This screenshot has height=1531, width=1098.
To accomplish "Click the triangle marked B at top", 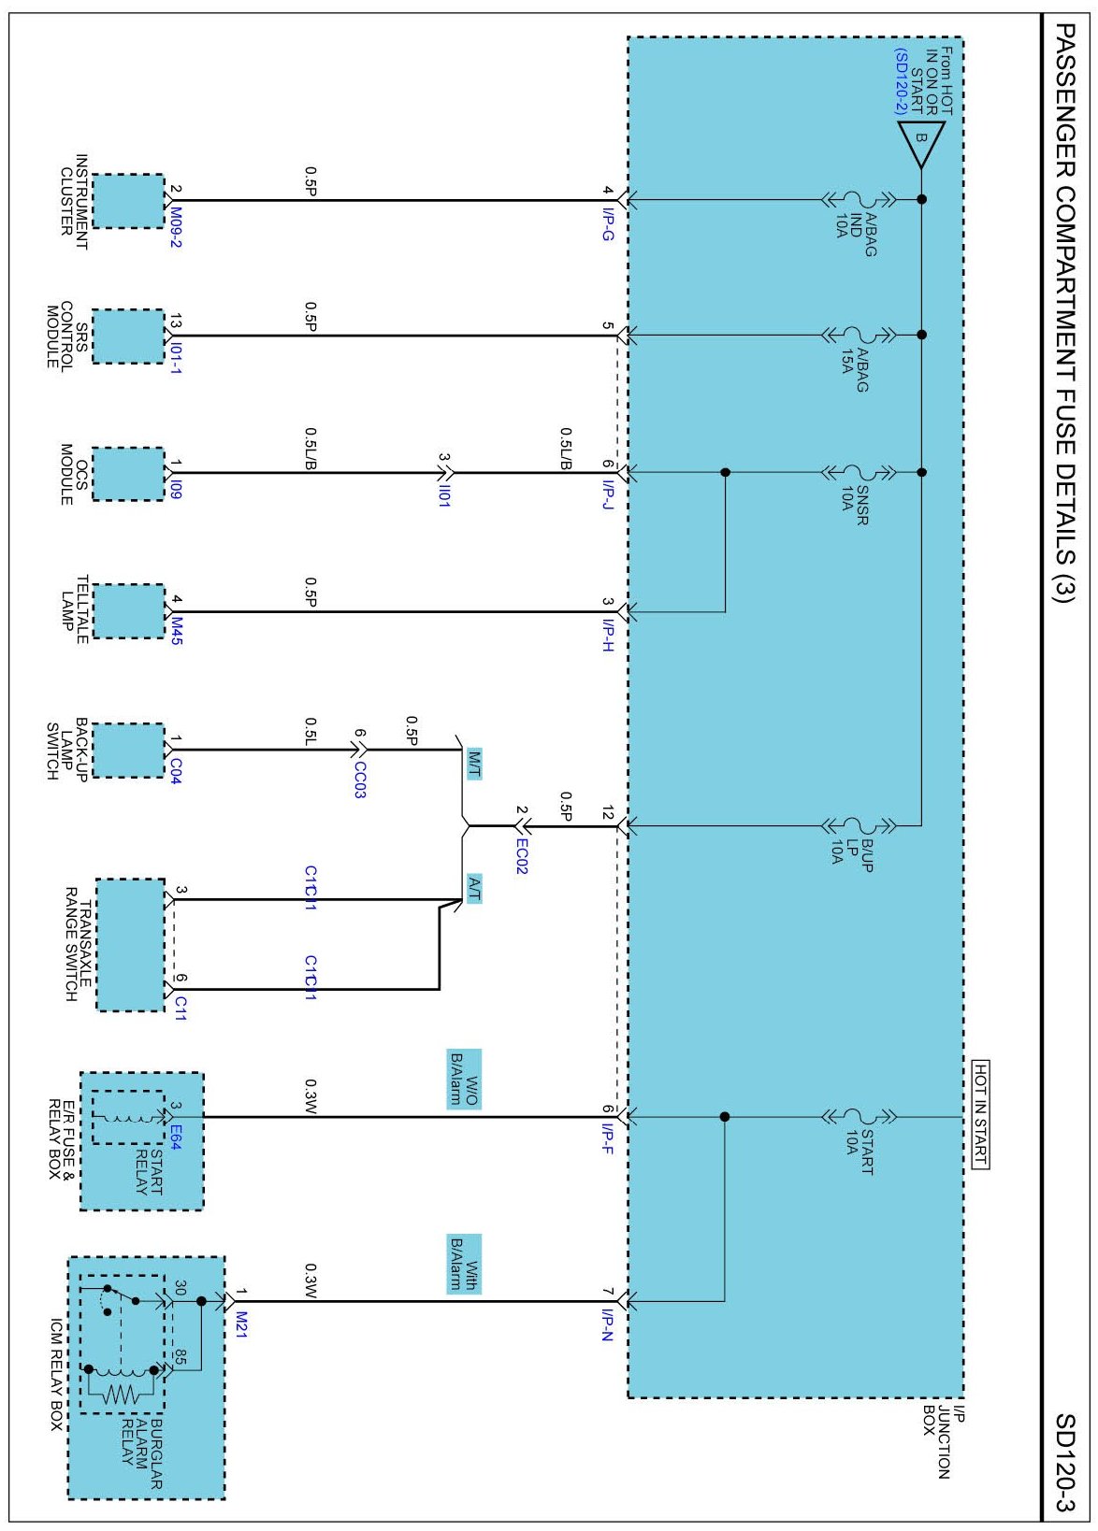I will tap(921, 141).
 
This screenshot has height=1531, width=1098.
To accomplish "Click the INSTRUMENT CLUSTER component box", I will tap(128, 201).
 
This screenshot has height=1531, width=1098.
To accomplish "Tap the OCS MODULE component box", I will tap(128, 474).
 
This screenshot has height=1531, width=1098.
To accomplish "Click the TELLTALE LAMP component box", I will tap(128, 611).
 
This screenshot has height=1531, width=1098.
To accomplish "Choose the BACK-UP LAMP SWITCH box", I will tap(128, 750).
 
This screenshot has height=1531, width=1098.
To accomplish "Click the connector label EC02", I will tap(522, 855).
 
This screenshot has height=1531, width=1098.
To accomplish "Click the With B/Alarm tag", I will tap(464, 1264).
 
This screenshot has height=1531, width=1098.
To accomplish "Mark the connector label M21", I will tap(240, 1324).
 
